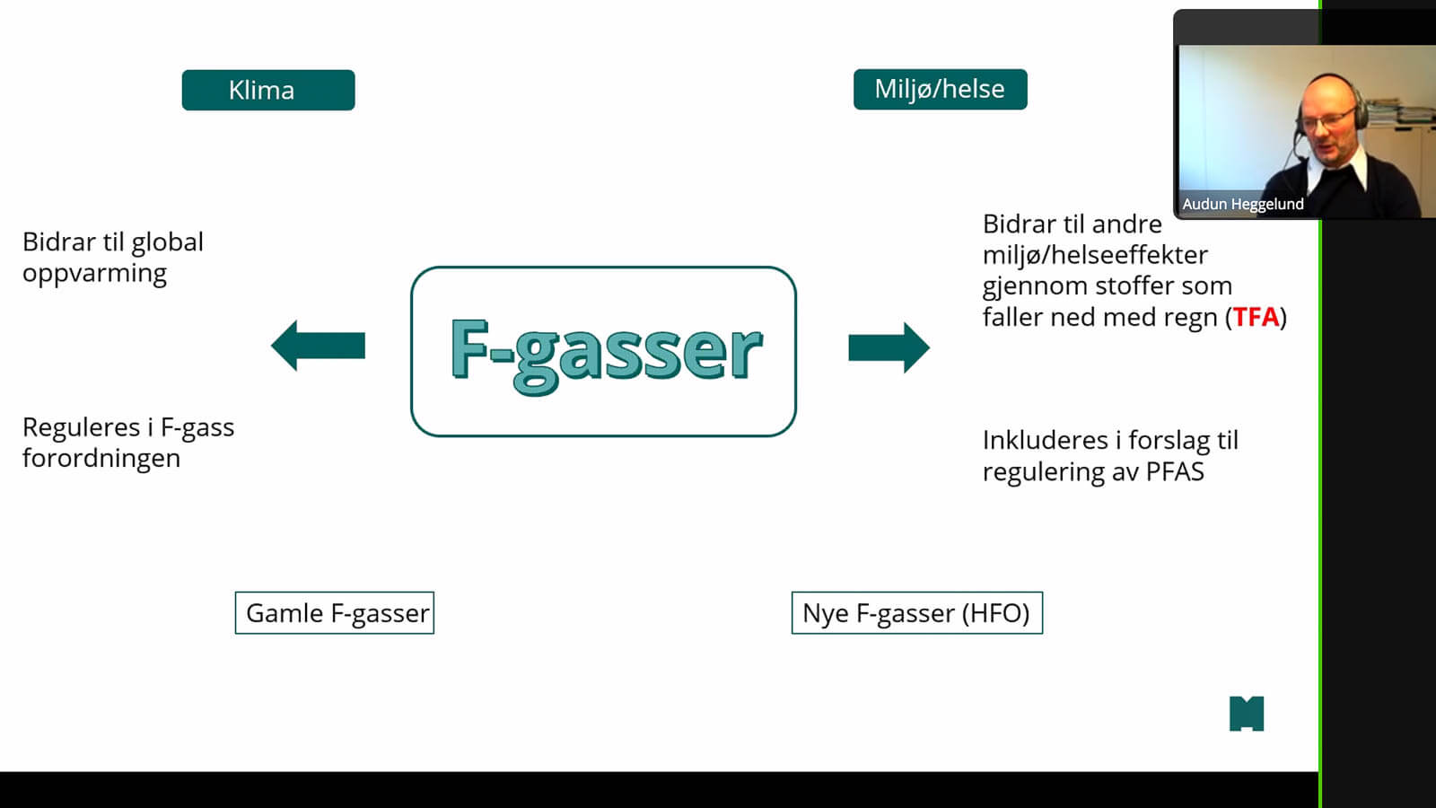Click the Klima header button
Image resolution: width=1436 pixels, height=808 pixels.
point(267,90)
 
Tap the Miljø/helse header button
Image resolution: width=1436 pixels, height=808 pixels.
point(940,89)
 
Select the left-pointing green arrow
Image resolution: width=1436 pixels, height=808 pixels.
point(318,346)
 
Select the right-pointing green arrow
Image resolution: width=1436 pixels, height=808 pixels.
point(889,347)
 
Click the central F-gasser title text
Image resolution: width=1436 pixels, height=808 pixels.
point(605,351)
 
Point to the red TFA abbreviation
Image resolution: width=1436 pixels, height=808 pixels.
point(1256,317)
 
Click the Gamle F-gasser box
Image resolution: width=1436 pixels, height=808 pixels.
point(335,613)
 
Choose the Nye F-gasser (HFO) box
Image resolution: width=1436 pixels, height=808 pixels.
point(916,613)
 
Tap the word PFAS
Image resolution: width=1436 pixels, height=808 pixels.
point(1175,472)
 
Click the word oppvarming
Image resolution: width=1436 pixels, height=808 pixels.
point(94,274)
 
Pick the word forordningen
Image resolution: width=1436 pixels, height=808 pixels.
point(101,459)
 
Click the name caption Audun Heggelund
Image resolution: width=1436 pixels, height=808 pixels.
point(1242,205)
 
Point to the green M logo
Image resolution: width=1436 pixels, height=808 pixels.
point(1246,714)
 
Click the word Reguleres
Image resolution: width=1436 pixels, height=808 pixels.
point(81,427)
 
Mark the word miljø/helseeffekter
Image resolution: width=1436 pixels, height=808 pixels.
point(1095,255)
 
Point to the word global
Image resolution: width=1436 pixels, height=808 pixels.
point(167,242)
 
